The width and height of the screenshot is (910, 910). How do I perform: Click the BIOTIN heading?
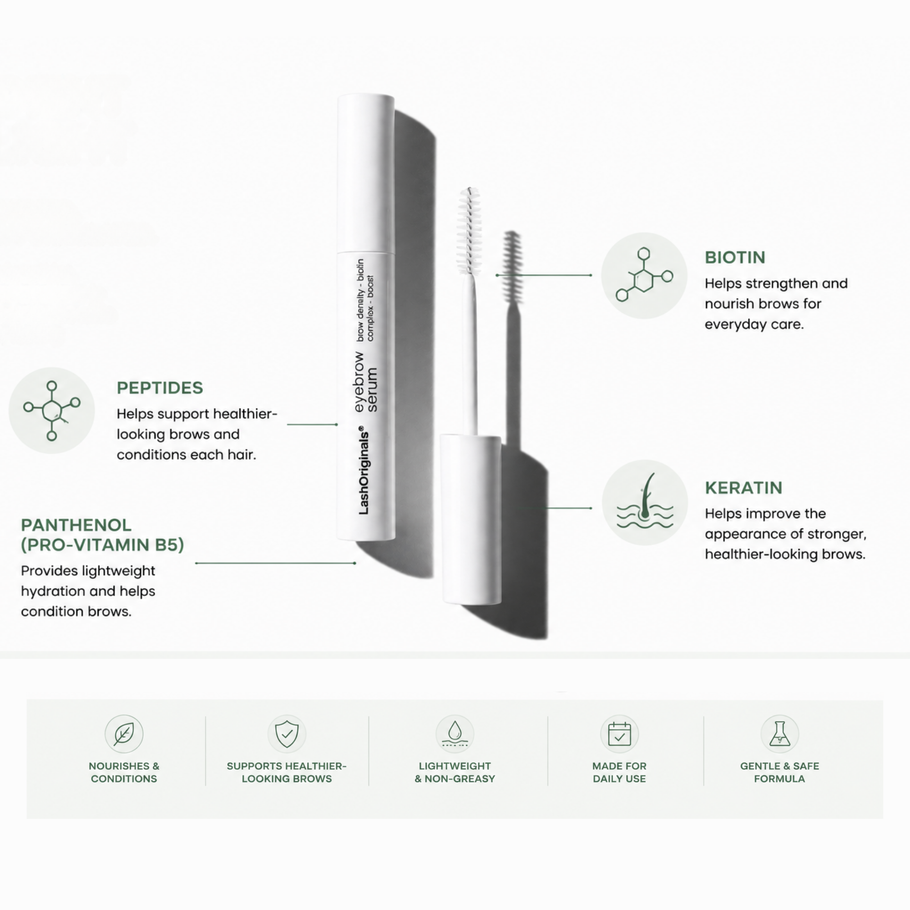[735, 257]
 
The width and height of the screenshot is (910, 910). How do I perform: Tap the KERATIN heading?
[743, 487]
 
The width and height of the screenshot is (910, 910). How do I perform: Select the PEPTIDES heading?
[160, 388]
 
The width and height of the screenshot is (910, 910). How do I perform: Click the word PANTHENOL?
[76, 525]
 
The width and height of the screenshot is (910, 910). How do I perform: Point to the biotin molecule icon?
[644, 276]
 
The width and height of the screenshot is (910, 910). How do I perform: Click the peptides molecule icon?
[52, 411]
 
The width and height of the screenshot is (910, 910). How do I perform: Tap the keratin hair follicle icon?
[645, 503]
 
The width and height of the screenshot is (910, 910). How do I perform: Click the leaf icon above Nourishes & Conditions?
[124, 733]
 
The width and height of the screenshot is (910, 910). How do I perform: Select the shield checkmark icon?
[287, 733]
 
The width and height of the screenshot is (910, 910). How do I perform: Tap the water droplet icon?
[455, 733]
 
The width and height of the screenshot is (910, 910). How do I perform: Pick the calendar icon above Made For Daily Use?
[619, 733]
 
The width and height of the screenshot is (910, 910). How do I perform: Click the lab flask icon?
[779, 733]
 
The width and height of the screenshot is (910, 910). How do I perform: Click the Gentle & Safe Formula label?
[779, 772]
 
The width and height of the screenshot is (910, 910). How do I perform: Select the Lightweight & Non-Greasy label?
[455, 772]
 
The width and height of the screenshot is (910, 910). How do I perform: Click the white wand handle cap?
[470, 519]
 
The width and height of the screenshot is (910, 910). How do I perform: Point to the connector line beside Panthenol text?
[276, 563]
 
